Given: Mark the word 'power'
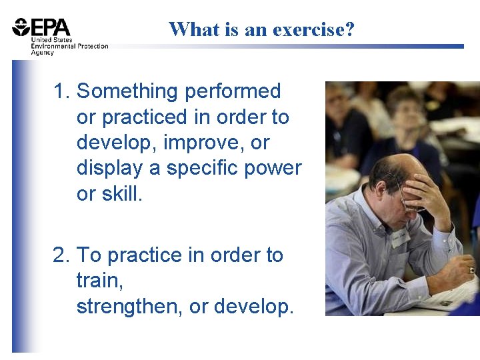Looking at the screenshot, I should pos(275,168).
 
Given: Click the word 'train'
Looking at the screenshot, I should pos(99,281).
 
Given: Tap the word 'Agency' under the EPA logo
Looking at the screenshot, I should pos(42,53).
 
